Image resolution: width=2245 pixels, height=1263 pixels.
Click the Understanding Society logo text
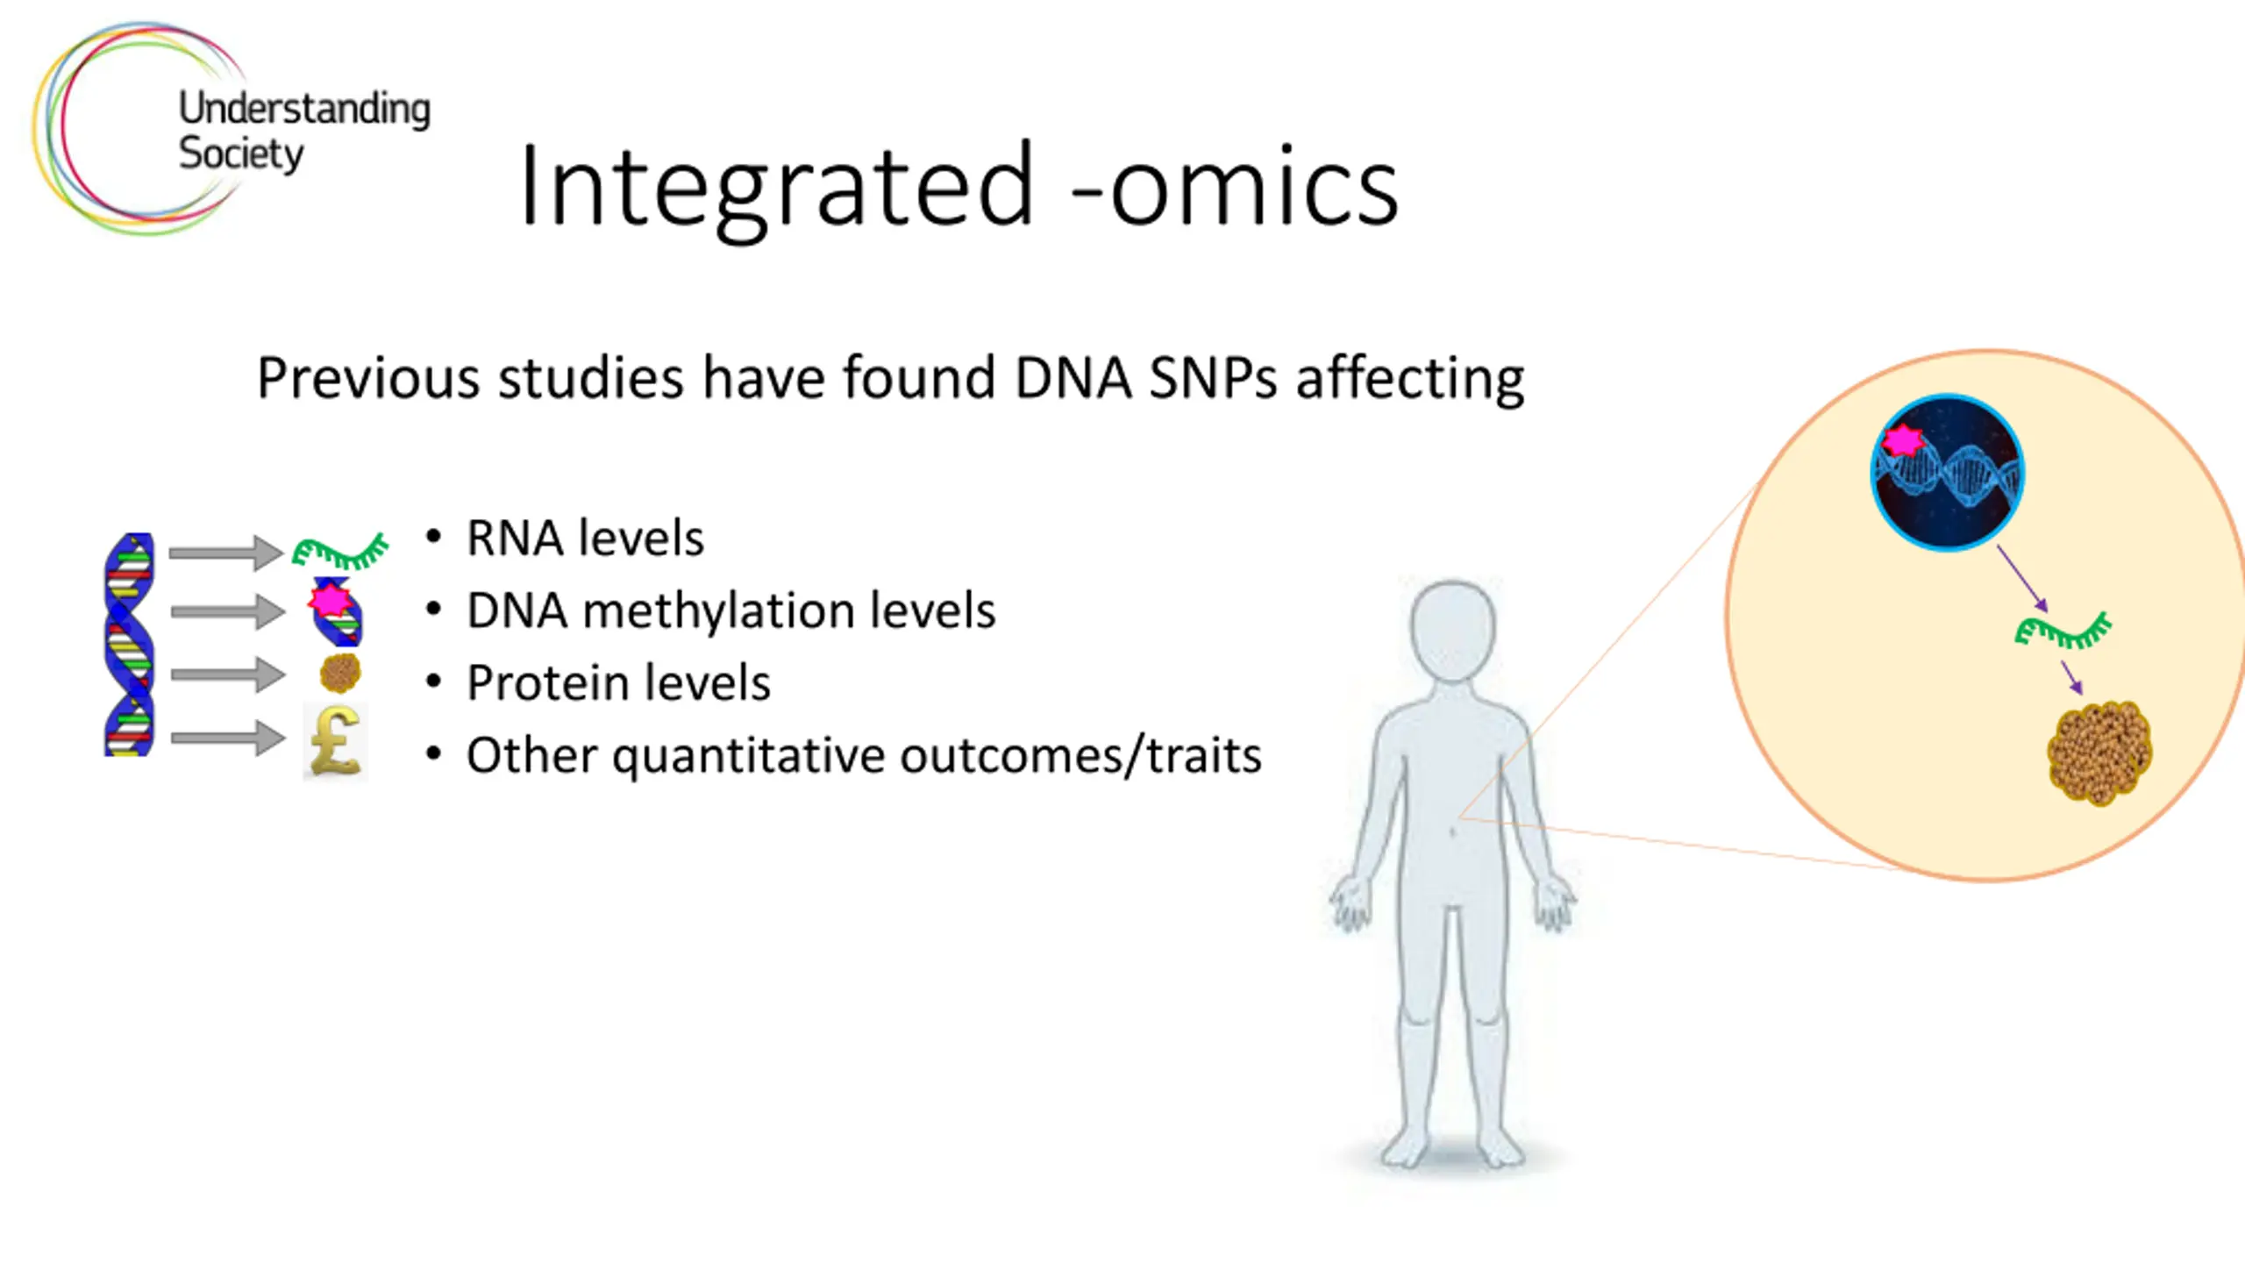pyautogui.click(x=304, y=132)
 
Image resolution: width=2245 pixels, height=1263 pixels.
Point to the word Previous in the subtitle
pyautogui.click(x=369, y=378)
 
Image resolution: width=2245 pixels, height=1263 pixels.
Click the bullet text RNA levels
pyautogui.click(x=585, y=538)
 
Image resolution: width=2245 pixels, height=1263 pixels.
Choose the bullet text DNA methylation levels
pyautogui.click(x=731, y=610)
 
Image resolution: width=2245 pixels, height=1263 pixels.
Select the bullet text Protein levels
pyautogui.click(x=618, y=683)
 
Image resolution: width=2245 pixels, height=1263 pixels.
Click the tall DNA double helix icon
pyautogui.click(x=129, y=644)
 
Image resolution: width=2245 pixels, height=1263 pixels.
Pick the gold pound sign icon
pyautogui.click(x=336, y=741)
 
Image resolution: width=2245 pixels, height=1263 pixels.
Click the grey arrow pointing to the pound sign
pyautogui.click(x=228, y=738)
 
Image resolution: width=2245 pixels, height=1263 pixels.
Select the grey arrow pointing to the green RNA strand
pyautogui.click(x=226, y=553)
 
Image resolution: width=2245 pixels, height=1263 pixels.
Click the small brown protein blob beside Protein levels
pyautogui.click(x=340, y=674)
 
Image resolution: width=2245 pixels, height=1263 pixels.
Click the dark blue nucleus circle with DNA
pyautogui.click(x=1948, y=472)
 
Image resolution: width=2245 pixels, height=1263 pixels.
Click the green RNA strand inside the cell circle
pyautogui.click(x=2063, y=631)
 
